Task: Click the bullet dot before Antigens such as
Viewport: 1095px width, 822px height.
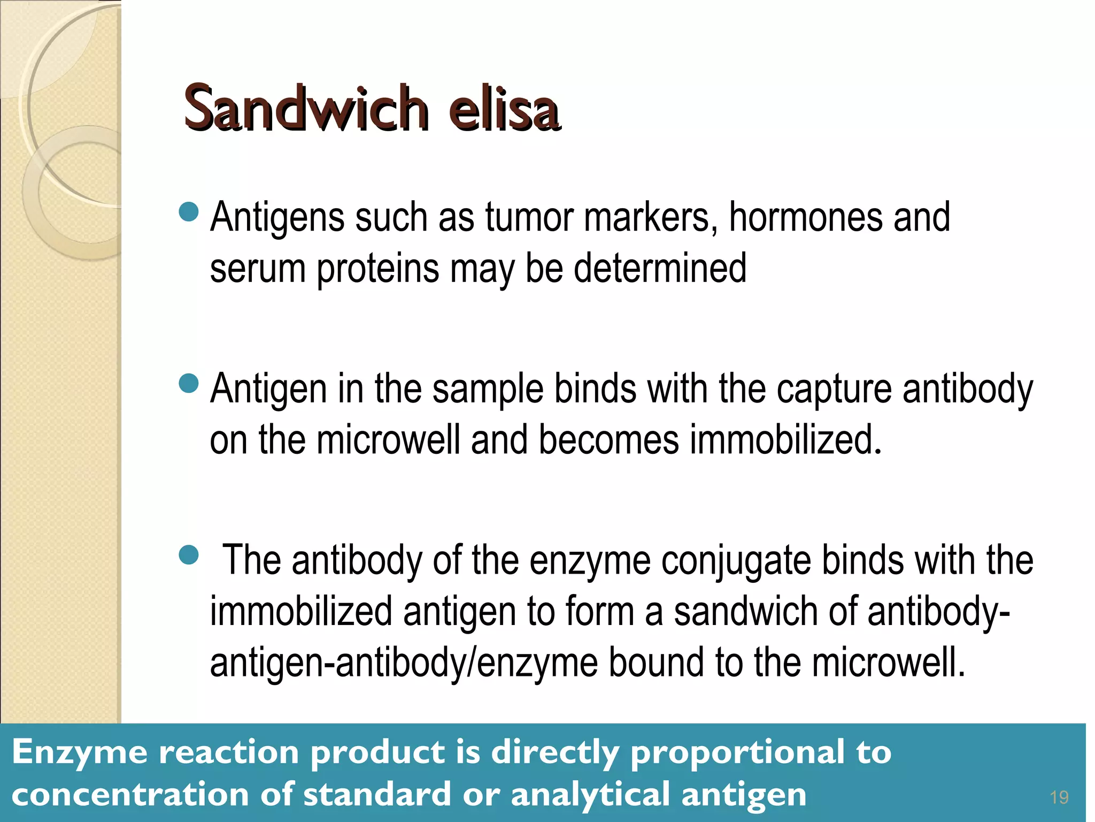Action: tap(189, 212)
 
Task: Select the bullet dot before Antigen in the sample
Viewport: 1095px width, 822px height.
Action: tap(189, 383)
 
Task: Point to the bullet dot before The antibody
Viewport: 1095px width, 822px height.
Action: tap(189, 555)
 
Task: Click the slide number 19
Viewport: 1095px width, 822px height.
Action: tap(1059, 798)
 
